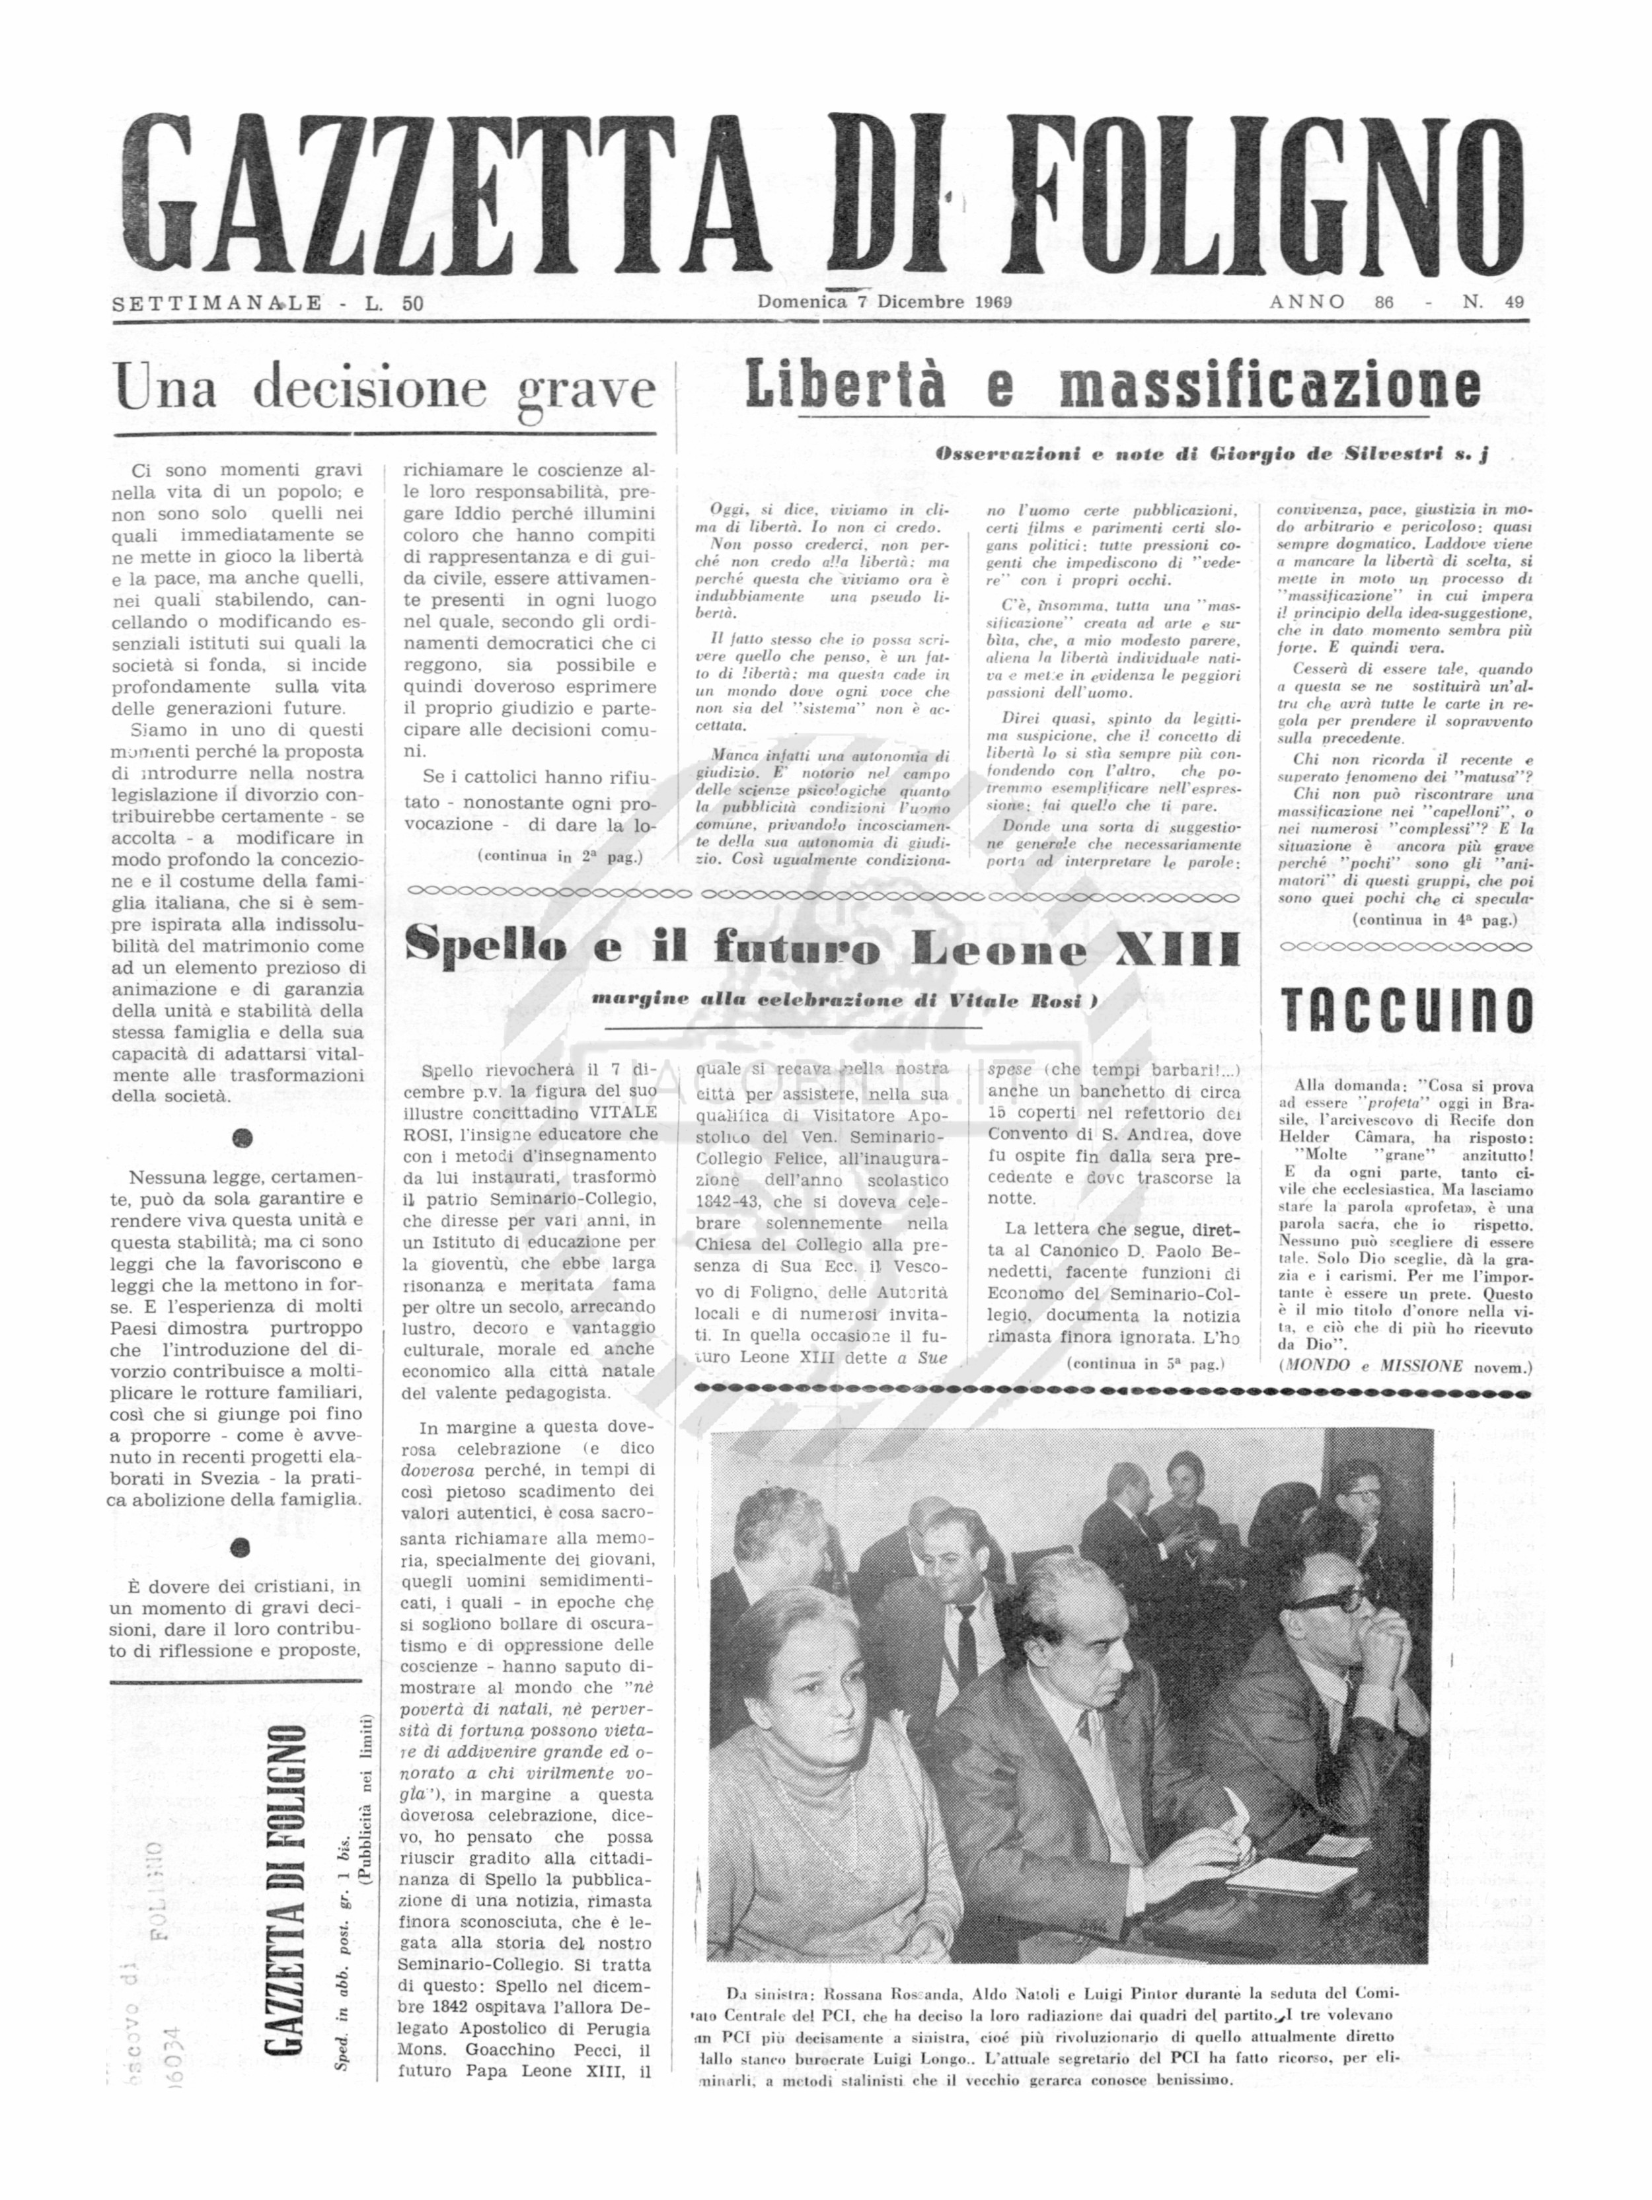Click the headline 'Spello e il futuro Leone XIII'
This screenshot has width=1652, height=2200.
823,949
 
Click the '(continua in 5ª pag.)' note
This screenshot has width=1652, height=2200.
1145,1364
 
